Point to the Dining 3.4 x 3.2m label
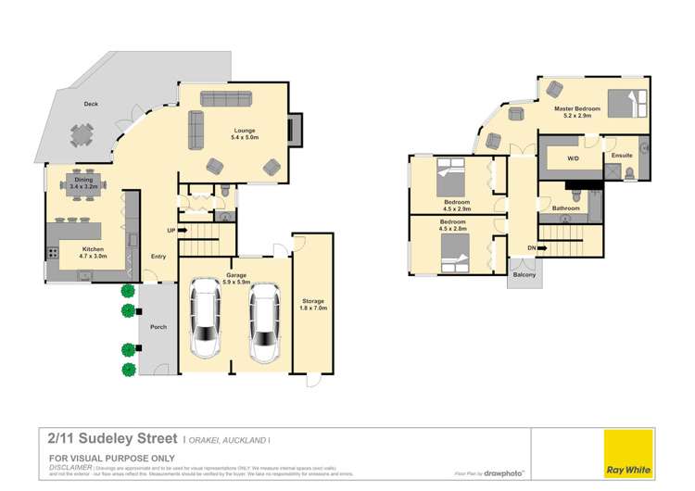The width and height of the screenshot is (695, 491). tap(82, 183)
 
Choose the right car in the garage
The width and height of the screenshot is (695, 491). tap(264, 321)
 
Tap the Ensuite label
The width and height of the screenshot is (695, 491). tap(621, 156)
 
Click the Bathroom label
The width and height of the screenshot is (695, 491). tap(566, 208)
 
